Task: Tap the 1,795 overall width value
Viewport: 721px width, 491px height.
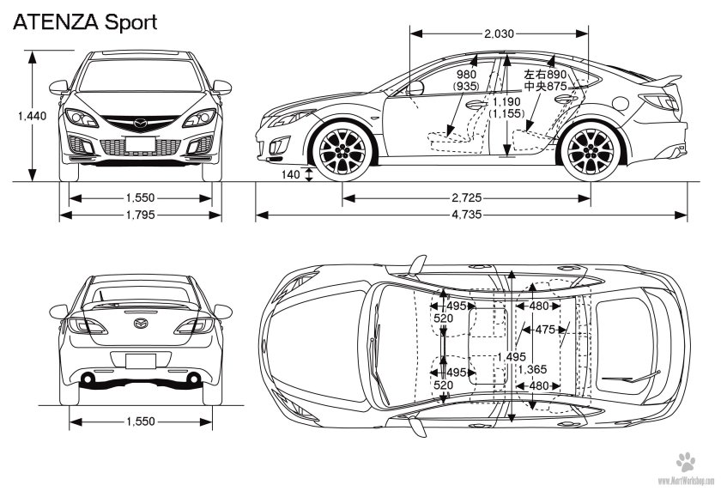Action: point(139,215)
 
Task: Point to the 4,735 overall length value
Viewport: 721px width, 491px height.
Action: point(463,215)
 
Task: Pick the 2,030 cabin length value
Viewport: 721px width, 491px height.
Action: point(499,33)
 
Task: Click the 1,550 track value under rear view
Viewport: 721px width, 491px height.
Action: point(139,422)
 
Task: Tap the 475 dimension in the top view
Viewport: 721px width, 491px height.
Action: point(543,330)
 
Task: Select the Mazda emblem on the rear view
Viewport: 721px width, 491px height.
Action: point(139,324)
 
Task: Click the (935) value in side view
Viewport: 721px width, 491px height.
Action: point(467,87)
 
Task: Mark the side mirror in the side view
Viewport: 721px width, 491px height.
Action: point(415,87)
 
